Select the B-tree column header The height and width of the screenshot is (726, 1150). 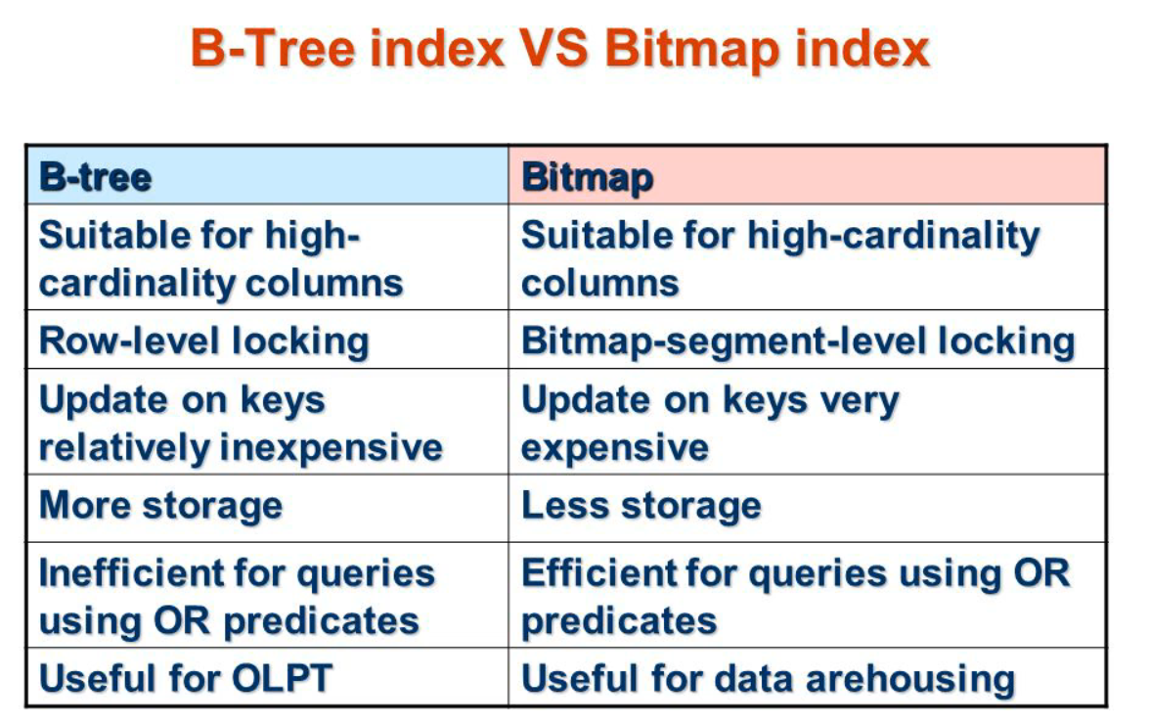click(x=268, y=176)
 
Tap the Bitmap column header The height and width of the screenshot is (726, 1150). click(x=807, y=176)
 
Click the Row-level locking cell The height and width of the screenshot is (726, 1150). click(x=268, y=340)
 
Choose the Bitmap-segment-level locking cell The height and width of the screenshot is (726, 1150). click(x=807, y=340)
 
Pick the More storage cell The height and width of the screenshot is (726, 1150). click(x=268, y=508)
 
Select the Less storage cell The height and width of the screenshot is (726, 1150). click(x=807, y=508)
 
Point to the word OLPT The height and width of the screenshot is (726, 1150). click(x=283, y=678)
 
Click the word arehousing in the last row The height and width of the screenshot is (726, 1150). click(x=911, y=680)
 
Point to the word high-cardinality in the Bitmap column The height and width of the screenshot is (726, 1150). click(x=894, y=237)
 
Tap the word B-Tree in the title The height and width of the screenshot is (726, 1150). click(x=273, y=49)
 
